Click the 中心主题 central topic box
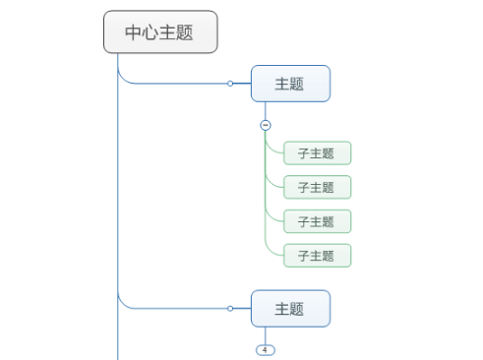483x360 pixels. point(159,32)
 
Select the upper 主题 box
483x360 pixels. point(290,84)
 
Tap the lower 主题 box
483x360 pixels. point(290,308)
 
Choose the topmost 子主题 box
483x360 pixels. point(317,152)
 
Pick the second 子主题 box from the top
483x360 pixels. point(317,187)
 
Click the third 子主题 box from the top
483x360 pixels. point(317,221)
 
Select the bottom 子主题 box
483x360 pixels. point(317,256)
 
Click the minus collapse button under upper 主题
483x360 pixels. point(265,125)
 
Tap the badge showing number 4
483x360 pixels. point(265,350)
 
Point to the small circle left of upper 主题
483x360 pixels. point(230,84)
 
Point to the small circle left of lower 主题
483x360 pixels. point(230,308)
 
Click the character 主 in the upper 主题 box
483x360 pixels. point(282,84)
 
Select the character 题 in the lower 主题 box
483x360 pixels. point(298,308)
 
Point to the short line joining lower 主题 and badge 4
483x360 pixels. point(265,335)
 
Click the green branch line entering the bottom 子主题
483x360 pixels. point(275,255)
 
